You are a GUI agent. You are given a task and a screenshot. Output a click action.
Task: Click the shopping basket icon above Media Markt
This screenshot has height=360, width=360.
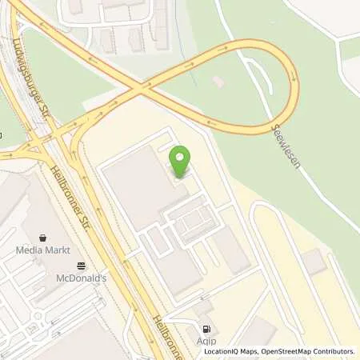click(42, 238)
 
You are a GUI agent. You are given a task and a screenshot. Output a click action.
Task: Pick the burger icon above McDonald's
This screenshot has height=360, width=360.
click(81, 266)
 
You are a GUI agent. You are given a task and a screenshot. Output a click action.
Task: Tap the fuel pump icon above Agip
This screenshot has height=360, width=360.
click(207, 328)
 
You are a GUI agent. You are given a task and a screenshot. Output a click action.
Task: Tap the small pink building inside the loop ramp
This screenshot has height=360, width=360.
click(219, 81)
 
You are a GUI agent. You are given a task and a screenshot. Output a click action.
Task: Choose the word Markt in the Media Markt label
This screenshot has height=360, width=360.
click(54, 250)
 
